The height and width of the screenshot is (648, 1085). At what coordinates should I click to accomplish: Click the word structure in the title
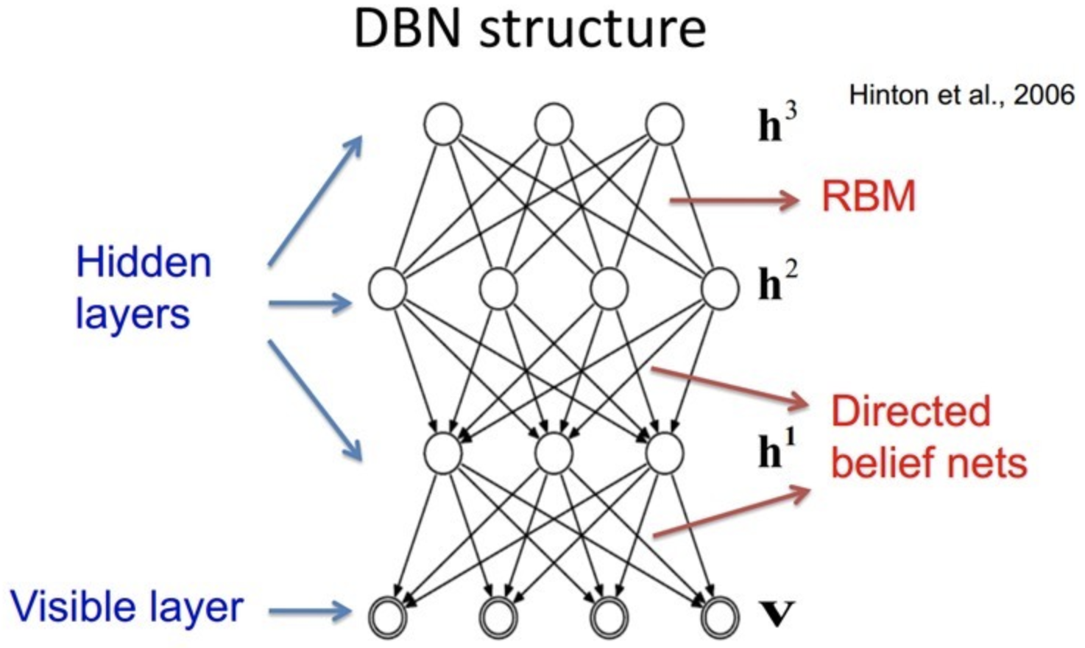point(593,29)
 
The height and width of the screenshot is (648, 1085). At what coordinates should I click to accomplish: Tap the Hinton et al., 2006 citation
point(961,95)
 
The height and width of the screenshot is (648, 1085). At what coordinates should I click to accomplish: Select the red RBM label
point(869,197)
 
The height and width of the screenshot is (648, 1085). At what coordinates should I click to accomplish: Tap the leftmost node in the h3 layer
point(443,124)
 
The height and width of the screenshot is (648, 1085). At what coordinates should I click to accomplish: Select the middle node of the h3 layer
point(554,124)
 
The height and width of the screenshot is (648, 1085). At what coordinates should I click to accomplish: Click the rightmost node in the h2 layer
point(720,288)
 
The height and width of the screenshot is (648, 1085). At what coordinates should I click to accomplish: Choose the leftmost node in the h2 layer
point(388,288)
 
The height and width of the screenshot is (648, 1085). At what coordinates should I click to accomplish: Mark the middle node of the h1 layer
point(554,452)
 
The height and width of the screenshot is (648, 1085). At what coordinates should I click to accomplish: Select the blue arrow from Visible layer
point(309,610)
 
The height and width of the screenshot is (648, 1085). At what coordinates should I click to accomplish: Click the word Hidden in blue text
point(144,263)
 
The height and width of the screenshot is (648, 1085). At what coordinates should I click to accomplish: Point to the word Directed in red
point(911,411)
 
